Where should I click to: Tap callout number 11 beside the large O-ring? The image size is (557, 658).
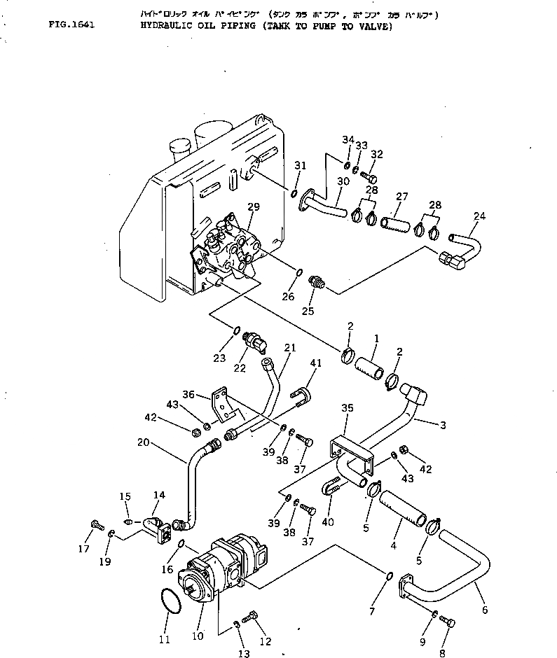pyautogui.click(x=165, y=638)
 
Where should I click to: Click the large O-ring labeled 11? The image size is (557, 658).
pyautogui.click(x=167, y=601)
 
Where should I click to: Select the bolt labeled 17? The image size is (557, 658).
pyautogui.click(x=96, y=524)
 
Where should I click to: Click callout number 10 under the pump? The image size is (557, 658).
pyautogui.click(x=198, y=636)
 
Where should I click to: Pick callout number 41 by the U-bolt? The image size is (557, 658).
pyautogui.click(x=316, y=363)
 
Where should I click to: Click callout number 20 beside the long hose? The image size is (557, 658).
pyautogui.click(x=143, y=442)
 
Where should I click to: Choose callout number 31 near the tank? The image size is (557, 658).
pyautogui.click(x=301, y=165)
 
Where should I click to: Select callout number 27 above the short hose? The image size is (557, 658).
pyautogui.click(x=402, y=197)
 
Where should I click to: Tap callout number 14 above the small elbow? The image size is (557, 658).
pyautogui.click(x=159, y=495)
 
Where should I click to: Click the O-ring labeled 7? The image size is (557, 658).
pyautogui.click(x=389, y=575)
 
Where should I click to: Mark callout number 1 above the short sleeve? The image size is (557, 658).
pyautogui.click(x=376, y=337)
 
